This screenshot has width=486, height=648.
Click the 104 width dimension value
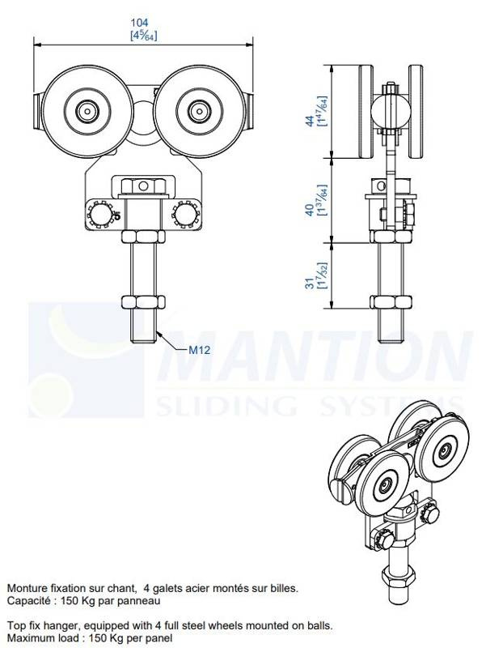point(139,23)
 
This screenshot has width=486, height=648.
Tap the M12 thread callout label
point(199,351)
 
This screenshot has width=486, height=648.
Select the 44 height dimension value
point(310,121)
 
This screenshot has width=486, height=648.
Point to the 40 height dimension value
point(310,210)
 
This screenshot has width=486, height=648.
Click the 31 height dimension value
point(310,283)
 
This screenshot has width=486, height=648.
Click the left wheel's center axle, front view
point(87,111)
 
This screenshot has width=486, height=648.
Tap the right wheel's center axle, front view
point(199,111)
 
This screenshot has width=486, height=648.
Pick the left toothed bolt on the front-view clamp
point(100,214)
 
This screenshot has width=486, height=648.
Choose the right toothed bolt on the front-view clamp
point(186,214)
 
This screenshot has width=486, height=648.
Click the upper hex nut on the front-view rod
point(143,237)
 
